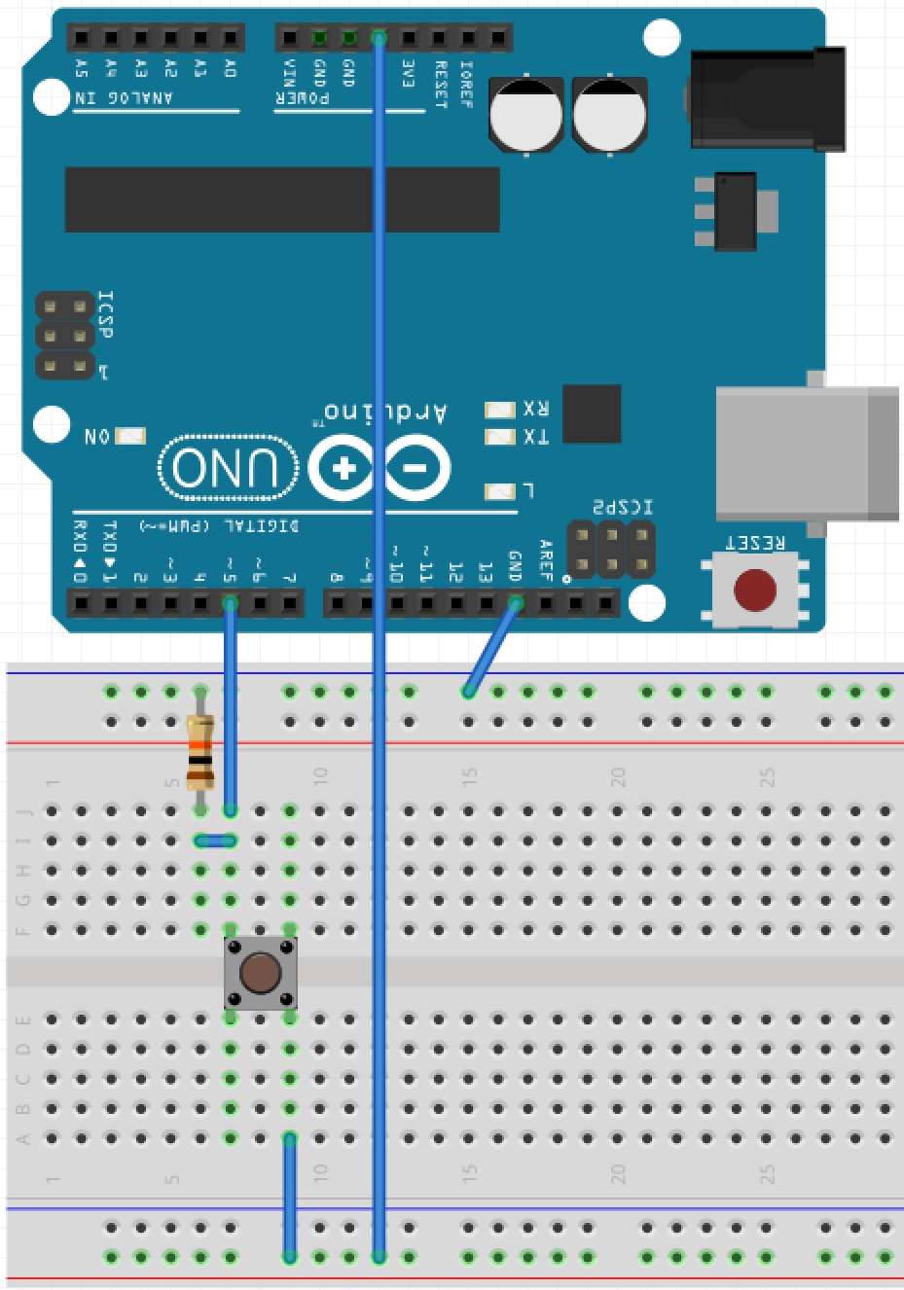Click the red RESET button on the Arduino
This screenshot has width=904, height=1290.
point(754,590)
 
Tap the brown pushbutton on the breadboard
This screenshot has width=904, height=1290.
point(260,973)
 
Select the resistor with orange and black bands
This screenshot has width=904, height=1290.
point(200,752)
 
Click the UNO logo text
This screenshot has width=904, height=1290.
point(229,468)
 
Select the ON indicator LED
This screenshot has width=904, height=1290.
point(130,436)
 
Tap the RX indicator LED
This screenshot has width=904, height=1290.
point(500,410)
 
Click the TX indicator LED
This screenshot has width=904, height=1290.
point(500,437)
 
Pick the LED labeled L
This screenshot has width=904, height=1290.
point(500,491)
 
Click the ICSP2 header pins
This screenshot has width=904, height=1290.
point(611,550)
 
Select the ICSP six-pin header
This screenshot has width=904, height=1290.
point(65,337)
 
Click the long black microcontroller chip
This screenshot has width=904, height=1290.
point(282,199)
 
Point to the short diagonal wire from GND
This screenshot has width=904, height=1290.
point(491,648)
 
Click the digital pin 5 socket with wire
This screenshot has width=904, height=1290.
point(230,604)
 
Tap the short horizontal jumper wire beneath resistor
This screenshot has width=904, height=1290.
point(215,841)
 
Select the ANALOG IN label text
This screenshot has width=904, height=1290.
point(125,98)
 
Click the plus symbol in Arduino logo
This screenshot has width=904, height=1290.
point(343,469)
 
